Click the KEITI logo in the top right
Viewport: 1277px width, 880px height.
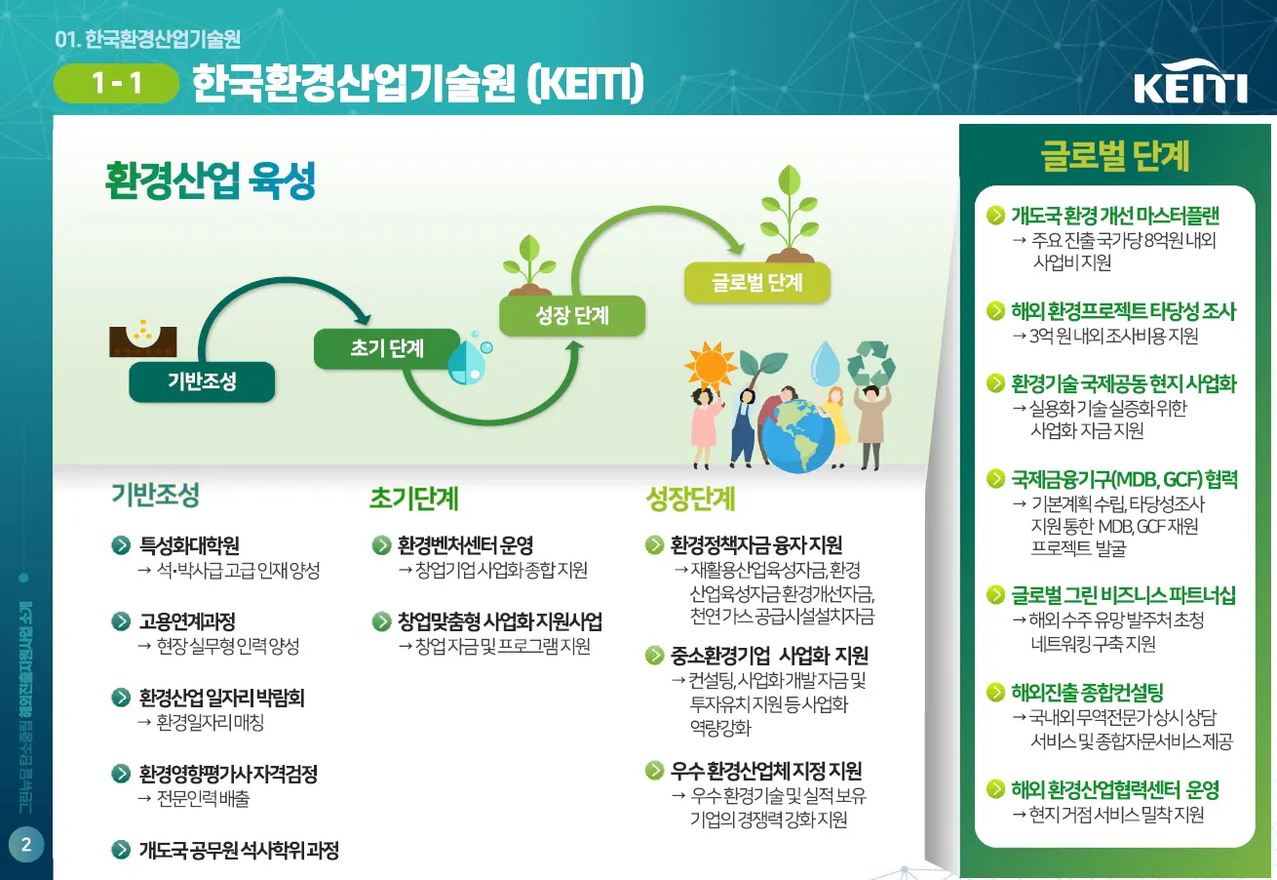point(1190,86)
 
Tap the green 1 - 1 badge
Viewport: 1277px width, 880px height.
point(117,84)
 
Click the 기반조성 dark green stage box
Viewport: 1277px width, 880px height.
point(202,381)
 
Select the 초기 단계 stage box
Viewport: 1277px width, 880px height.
point(387,349)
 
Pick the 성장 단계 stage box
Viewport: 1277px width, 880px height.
point(572,316)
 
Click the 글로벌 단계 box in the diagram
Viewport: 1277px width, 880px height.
point(756,283)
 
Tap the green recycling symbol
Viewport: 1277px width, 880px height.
point(871,363)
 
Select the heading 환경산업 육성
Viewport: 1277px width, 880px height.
point(210,180)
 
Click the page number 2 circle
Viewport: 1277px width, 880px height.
point(26,845)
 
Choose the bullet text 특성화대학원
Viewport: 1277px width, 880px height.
point(189,545)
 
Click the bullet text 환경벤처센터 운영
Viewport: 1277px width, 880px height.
point(465,545)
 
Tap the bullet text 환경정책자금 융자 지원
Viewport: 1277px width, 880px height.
point(755,545)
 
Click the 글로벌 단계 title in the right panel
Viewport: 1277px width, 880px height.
point(1115,155)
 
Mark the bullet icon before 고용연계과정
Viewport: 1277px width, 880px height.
point(121,621)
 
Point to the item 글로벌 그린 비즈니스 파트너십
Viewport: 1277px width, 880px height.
point(1123,595)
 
